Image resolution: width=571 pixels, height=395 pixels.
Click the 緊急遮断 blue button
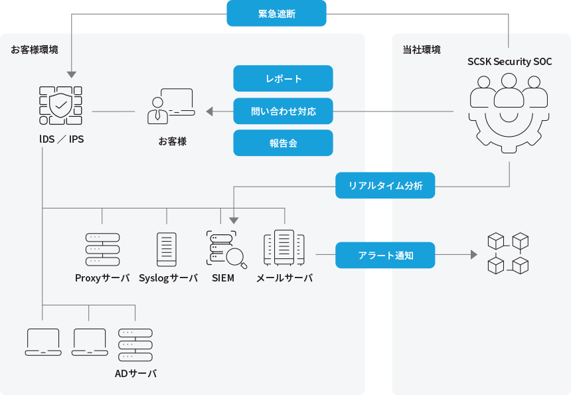coord(276,13)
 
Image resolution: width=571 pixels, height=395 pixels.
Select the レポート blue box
coord(283,78)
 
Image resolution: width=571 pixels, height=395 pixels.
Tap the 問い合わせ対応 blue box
coord(283,111)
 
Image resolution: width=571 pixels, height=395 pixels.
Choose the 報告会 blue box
coord(283,143)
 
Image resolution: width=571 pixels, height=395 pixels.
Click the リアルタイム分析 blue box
coord(385,185)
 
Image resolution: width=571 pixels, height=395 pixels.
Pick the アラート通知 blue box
coord(385,255)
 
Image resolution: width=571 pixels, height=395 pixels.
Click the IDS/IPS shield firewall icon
coord(60,105)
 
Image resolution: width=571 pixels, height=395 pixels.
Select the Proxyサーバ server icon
coord(102,250)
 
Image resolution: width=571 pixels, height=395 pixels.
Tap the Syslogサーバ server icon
coord(167,250)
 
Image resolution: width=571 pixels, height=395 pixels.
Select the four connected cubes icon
coord(508,253)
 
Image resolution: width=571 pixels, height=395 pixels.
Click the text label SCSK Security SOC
coord(509,62)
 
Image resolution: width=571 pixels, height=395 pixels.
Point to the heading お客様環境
coord(34,50)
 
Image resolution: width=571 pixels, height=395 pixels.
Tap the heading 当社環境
coord(421,50)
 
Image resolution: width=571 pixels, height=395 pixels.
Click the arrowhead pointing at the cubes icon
coord(473,255)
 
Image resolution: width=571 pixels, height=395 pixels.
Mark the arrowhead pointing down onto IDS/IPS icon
coord(71,75)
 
